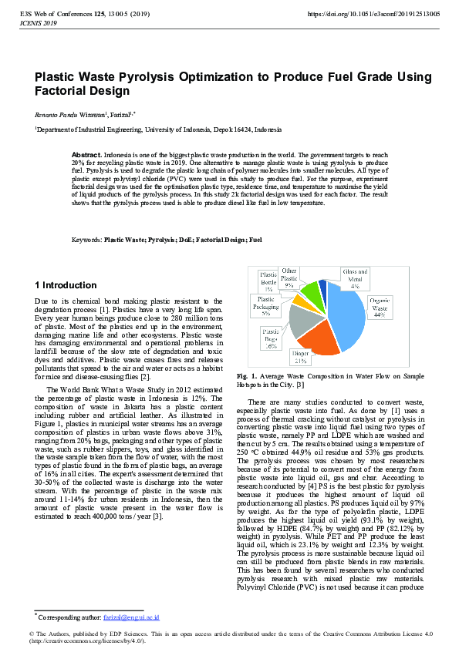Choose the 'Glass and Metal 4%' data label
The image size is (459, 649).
(355, 277)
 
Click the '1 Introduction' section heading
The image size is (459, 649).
(66, 285)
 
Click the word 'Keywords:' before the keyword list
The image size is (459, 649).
(86, 240)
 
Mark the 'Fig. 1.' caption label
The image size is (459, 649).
(246, 376)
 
